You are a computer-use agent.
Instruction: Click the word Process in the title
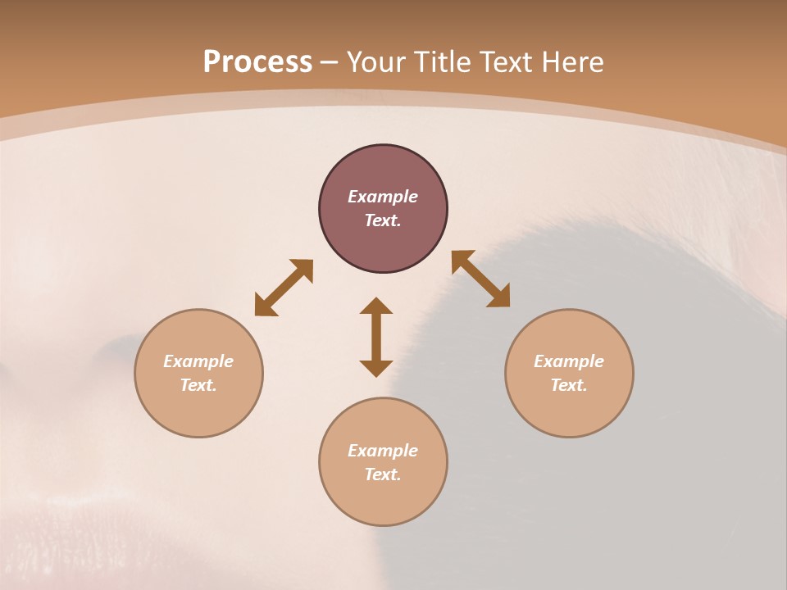pyautogui.click(x=257, y=62)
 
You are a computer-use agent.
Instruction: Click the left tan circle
pyautogui.click(x=198, y=373)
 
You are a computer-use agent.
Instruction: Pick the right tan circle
pyautogui.click(x=569, y=373)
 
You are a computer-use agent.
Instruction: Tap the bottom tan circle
pyautogui.click(x=383, y=461)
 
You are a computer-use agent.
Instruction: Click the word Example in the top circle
pyautogui.click(x=383, y=197)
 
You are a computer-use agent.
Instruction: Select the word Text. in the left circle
pyautogui.click(x=198, y=385)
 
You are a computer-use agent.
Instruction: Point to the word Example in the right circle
pyautogui.click(x=569, y=361)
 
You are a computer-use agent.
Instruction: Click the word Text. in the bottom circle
pyautogui.click(x=383, y=474)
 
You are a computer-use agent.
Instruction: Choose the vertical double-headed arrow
pyautogui.click(x=376, y=337)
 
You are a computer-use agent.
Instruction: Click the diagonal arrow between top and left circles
pyautogui.click(x=284, y=288)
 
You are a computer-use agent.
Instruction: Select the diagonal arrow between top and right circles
pyautogui.click(x=481, y=279)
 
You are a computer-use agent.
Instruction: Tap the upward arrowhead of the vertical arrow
pyautogui.click(x=376, y=306)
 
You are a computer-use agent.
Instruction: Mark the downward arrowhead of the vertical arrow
pyautogui.click(x=376, y=368)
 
